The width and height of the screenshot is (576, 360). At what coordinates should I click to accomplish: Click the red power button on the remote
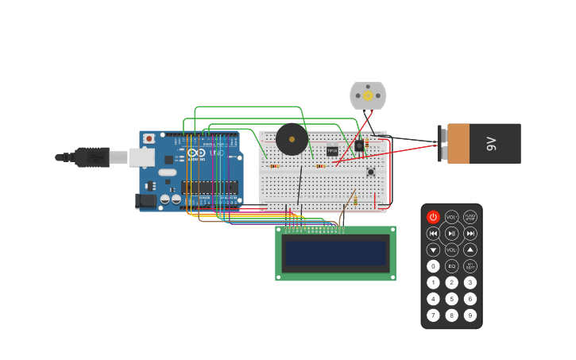coord(433,217)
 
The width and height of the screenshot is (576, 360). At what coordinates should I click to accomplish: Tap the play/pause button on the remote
coord(451,234)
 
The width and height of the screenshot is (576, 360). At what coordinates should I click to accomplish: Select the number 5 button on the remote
coord(451,299)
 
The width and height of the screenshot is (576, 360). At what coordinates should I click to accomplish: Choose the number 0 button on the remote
coord(433,266)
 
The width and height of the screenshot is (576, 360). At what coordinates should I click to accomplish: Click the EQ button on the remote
coord(451,266)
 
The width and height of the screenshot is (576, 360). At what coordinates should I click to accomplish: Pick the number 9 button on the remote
coord(470,315)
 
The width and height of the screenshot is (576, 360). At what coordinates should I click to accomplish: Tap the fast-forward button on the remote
coord(470,234)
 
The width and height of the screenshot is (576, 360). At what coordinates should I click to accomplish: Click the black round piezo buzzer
coord(292,139)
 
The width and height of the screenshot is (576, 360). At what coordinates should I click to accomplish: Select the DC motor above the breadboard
coord(368,96)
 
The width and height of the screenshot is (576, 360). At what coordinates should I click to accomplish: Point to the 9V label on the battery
coord(491,144)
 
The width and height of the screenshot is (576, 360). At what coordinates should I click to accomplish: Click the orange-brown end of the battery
coord(458,144)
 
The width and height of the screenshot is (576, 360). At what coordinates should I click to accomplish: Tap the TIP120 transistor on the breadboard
coord(332,151)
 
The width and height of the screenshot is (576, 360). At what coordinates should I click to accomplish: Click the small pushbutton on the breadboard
coord(370,172)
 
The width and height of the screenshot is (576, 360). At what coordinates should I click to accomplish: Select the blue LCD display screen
coord(335,254)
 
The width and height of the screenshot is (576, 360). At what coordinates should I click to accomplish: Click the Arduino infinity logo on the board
coord(196,153)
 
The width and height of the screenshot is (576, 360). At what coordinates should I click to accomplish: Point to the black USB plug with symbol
coord(93,157)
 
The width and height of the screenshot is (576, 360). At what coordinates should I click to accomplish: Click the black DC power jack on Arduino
coord(146,201)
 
